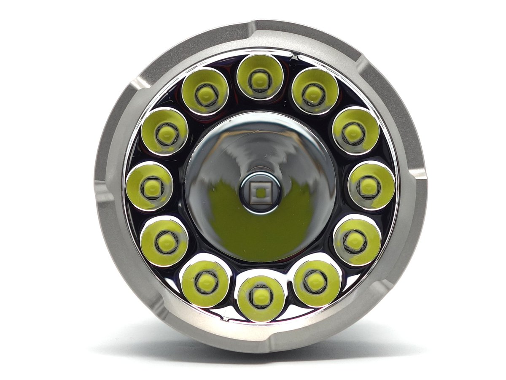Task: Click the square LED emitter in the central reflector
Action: pyautogui.click(x=260, y=193)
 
